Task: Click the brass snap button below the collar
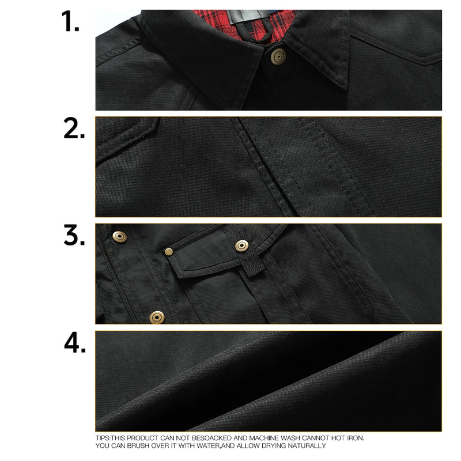[x=279, y=56]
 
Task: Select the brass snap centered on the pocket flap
[x=241, y=246]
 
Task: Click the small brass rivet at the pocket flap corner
[x=169, y=251]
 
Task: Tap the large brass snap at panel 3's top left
[x=120, y=236]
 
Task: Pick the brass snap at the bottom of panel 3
[x=156, y=316]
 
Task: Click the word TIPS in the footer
[x=103, y=437]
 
